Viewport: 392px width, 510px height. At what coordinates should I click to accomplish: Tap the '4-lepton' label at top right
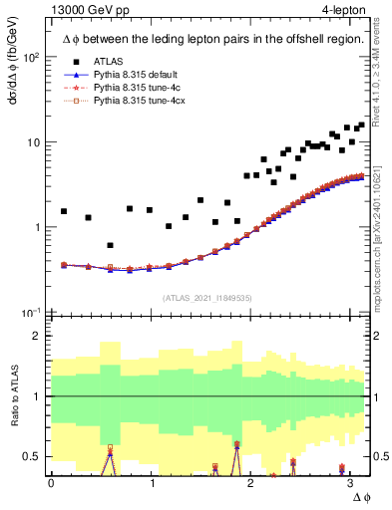342,11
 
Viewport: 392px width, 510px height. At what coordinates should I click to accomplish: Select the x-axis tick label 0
51,481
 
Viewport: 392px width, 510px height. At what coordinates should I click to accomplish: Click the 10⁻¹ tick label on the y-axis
31,313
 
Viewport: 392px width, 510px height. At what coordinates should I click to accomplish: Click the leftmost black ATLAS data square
64,211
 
